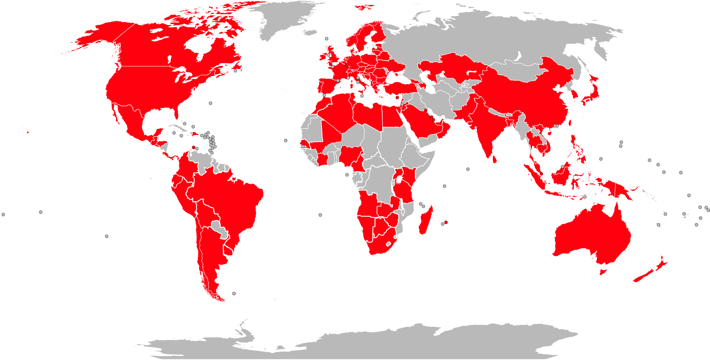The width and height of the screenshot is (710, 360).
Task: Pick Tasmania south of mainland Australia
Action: click(x=603, y=270)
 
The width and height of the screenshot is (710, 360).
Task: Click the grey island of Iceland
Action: click(x=309, y=32)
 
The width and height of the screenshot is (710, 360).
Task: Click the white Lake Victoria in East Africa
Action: click(x=399, y=180)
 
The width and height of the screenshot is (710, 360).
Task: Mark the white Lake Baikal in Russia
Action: click(x=517, y=57)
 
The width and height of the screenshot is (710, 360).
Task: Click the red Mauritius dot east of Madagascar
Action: click(x=446, y=222)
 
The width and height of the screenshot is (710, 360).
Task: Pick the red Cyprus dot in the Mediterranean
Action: click(x=397, y=98)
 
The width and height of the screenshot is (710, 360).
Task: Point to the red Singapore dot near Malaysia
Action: click(x=541, y=174)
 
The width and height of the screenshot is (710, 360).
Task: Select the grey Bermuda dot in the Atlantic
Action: click(x=211, y=103)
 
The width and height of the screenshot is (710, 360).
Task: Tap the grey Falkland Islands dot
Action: click(x=234, y=293)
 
